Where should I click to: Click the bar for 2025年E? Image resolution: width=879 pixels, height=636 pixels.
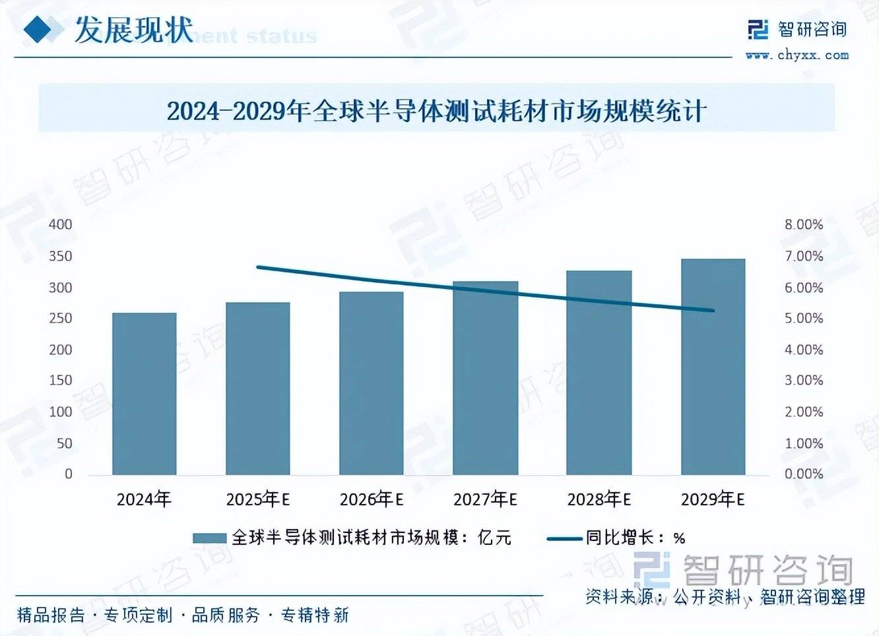point(257,389)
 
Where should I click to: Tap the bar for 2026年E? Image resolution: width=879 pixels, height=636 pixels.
point(371,383)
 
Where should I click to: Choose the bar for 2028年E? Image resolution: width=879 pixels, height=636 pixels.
point(599,373)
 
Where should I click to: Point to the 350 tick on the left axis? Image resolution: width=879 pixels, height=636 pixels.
point(61,256)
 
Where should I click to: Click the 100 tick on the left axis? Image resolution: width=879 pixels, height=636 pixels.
point(61,412)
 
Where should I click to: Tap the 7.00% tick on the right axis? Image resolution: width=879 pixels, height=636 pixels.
point(803,256)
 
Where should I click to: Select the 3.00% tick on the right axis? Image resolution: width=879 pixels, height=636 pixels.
point(803,381)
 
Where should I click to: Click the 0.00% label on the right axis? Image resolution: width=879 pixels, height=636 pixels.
point(803,474)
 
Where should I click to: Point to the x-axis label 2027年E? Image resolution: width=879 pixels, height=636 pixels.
point(485,499)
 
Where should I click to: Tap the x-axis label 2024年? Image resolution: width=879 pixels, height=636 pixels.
point(144,499)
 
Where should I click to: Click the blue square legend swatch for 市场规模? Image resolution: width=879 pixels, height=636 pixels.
point(209,538)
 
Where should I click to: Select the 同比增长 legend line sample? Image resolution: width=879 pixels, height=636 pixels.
point(565,538)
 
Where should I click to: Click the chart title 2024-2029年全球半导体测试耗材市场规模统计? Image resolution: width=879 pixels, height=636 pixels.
point(436,111)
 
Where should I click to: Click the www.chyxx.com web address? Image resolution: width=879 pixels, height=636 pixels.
point(797,55)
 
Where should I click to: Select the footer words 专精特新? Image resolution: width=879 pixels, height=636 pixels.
point(315,616)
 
